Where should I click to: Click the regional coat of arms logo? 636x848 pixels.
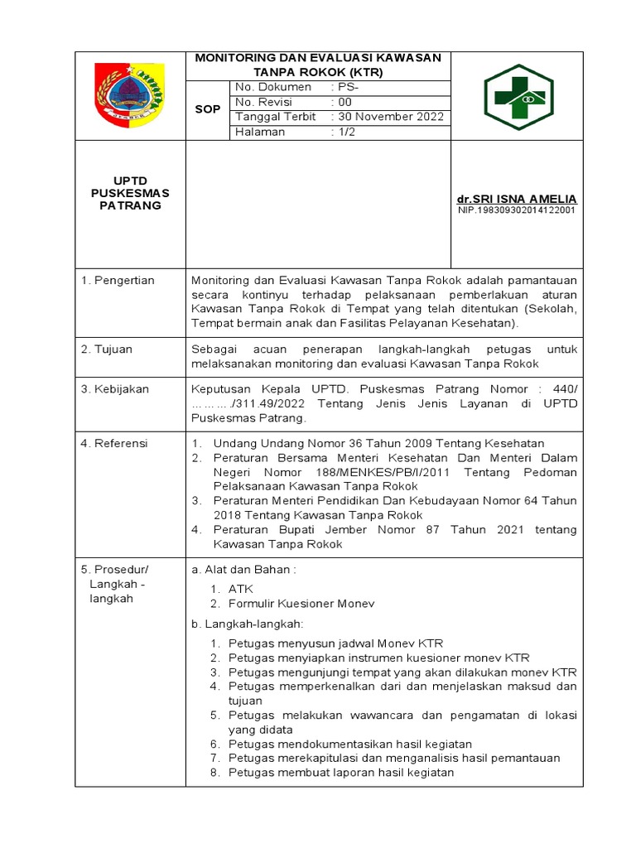click(131, 95)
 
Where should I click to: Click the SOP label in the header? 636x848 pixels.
click(207, 109)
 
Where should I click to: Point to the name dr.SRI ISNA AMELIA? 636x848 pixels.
click(517, 200)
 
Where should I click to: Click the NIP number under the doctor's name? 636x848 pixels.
click(517, 210)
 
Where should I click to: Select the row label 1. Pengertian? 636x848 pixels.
click(118, 281)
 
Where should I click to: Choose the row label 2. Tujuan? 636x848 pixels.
click(107, 349)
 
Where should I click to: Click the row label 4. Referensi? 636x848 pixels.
click(114, 444)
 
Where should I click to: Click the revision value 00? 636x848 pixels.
click(344, 102)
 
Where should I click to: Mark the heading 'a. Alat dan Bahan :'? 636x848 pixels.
click(243, 570)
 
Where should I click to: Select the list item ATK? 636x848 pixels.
click(240, 589)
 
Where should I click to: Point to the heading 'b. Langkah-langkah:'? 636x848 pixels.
click(248, 623)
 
